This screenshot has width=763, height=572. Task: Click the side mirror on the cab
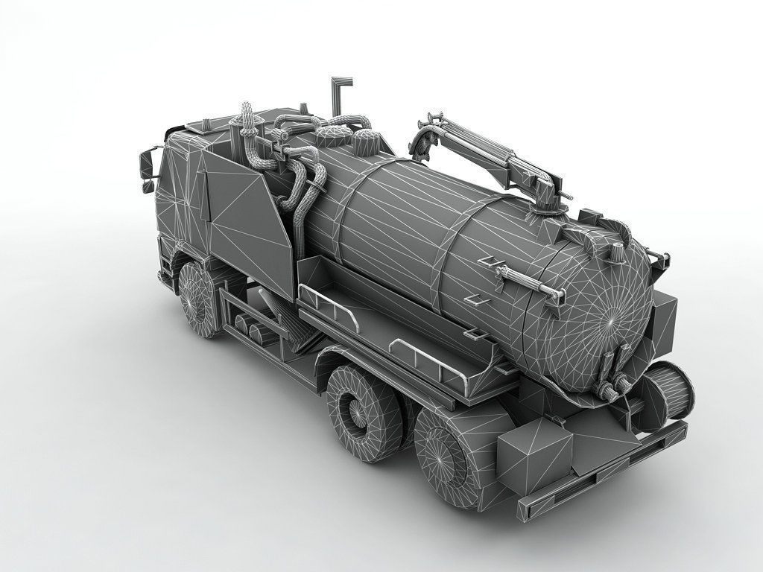(x=148, y=165)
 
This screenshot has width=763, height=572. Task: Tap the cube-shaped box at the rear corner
(x=533, y=452)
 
